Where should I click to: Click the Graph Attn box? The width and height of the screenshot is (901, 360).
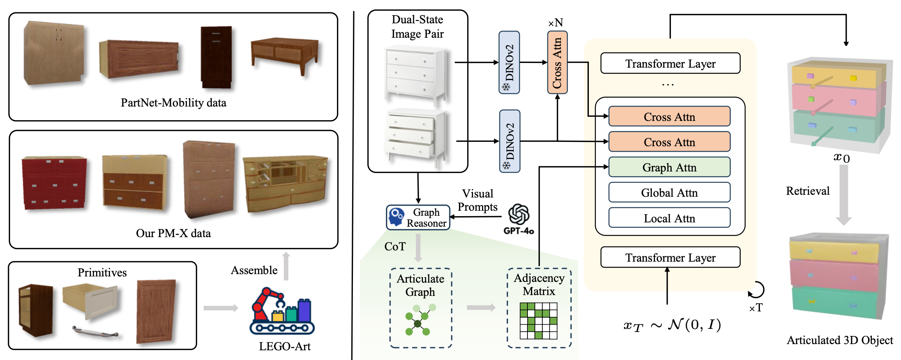tap(669, 167)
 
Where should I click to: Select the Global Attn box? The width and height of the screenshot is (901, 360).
tap(669, 192)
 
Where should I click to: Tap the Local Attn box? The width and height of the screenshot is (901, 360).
tap(669, 218)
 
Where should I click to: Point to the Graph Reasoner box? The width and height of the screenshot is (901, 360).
tap(418, 218)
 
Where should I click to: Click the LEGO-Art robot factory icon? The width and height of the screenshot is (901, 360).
tap(282, 311)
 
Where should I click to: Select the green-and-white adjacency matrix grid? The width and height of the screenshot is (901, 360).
tap(538, 321)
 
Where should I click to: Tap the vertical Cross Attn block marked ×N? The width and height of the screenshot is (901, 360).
tap(557, 63)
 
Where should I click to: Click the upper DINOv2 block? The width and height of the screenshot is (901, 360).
tap(509, 63)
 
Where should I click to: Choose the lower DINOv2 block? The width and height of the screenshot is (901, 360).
tap(510, 141)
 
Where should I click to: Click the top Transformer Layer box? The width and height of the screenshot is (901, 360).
tap(670, 63)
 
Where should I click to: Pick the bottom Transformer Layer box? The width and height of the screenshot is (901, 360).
tap(670, 257)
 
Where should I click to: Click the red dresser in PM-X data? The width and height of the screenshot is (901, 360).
tap(54, 183)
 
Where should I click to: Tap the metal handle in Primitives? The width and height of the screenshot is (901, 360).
tap(95, 332)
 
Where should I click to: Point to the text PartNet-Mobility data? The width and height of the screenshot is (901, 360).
tap(173, 103)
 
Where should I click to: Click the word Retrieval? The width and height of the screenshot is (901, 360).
tap(807, 191)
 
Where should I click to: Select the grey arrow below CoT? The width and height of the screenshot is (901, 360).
tap(418, 248)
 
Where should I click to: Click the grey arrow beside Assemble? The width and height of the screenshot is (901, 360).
tap(286, 266)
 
